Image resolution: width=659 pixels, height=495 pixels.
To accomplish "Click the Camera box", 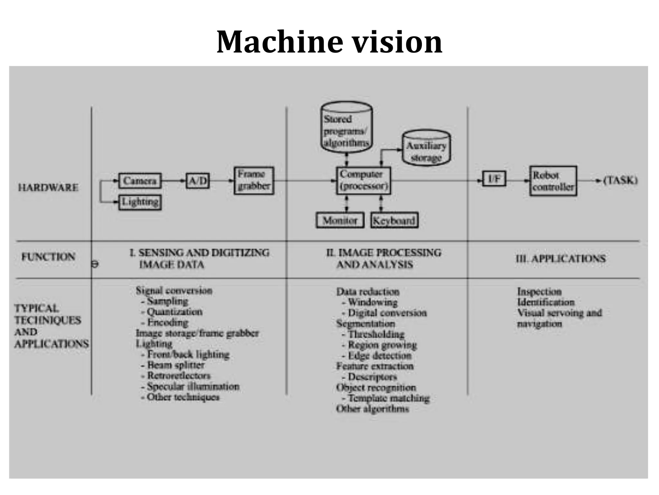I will (x=140, y=181).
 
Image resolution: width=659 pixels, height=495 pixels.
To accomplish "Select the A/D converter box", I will (x=198, y=181).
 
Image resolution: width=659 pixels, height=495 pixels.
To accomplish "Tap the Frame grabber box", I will (x=254, y=180).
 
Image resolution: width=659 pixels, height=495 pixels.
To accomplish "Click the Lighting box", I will (x=140, y=202).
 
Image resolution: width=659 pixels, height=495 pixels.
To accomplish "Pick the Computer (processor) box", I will (x=364, y=180).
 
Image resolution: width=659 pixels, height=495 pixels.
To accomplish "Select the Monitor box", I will (x=340, y=220).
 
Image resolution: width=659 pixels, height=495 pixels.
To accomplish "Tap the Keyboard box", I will (x=394, y=220).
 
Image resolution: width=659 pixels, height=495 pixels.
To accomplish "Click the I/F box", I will (x=494, y=179).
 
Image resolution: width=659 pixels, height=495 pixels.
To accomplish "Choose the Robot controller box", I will (x=553, y=181).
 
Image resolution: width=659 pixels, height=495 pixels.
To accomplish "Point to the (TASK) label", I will (x=620, y=180).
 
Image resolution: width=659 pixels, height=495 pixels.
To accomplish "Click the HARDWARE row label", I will (x=48, y=188).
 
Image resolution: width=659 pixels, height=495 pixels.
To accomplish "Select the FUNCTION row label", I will (x=48, y=257).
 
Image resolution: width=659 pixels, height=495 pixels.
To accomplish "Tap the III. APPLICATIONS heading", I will (x=561, y=258).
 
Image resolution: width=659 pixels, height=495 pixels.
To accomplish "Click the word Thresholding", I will (x=376, y=334).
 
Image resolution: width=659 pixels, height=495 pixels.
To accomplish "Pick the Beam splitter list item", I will (x=176, y=365).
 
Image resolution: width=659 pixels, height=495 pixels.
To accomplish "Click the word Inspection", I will (x=539, y=292).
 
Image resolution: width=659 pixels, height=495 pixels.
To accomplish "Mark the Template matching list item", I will (x=389, y=398).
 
